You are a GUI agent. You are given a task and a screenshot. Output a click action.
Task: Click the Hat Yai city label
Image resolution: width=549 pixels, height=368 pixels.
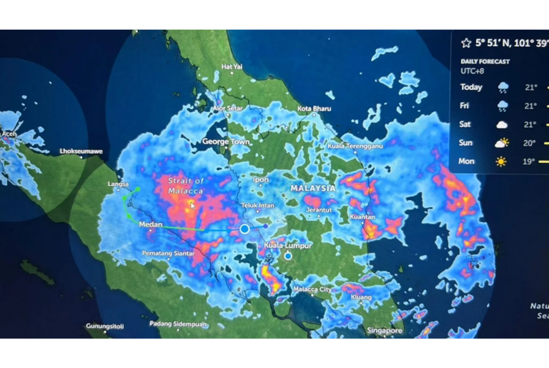[232, 66]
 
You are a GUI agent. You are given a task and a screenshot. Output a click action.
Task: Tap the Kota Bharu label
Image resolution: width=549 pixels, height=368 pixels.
[314, 109]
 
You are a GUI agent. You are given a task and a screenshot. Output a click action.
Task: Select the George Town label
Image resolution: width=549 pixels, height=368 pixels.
[225, 141]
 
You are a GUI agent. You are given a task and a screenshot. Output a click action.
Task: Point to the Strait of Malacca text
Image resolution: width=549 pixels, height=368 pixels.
[186, 186]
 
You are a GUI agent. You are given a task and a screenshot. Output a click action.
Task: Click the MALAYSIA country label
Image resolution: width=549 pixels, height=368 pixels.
[312, 188]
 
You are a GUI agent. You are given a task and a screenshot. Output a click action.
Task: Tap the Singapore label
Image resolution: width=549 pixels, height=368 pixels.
[385, 331]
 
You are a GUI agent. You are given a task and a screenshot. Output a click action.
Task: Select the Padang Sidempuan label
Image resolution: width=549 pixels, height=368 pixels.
[179, 324]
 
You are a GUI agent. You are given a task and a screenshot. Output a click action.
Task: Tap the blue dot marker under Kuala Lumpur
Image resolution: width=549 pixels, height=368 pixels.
[288, 256]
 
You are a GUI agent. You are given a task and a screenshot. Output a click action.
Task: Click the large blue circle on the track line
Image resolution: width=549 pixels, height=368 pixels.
[244, 229]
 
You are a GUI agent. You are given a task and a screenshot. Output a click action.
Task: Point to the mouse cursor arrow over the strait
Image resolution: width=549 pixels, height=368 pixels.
[192, 204]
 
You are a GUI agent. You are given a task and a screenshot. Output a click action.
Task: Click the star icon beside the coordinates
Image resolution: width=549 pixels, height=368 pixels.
[466, 43]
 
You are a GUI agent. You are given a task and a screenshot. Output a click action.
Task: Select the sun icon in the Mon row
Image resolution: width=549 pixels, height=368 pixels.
[502, 161]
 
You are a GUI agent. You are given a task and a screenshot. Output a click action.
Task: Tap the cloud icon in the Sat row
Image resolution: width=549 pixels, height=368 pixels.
[503, 124]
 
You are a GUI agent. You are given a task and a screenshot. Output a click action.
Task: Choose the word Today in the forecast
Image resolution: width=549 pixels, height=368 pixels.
[471, 87]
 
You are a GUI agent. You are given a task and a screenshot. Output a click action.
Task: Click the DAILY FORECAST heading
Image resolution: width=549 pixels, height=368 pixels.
[485, 61]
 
